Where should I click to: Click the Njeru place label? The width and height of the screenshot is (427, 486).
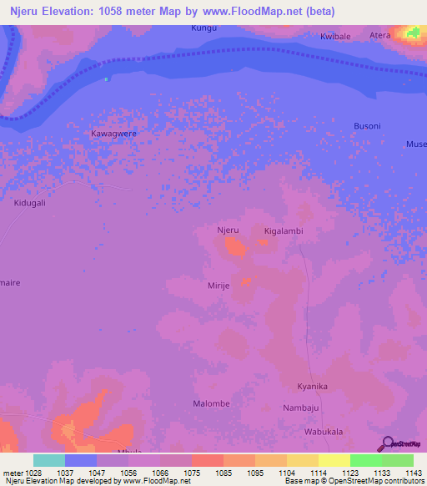[228, 230]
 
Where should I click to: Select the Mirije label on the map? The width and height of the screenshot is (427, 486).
[224, 286]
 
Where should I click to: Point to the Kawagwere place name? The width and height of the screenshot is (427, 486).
[113, 133]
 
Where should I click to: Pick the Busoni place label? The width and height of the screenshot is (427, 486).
[366, 126]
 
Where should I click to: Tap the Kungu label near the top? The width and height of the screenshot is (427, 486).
[203, 28]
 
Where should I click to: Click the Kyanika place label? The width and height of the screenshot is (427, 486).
[313, 387]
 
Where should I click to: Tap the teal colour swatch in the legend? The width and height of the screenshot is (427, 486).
[49, 460]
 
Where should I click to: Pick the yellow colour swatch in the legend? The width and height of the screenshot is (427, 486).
[334, 460]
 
